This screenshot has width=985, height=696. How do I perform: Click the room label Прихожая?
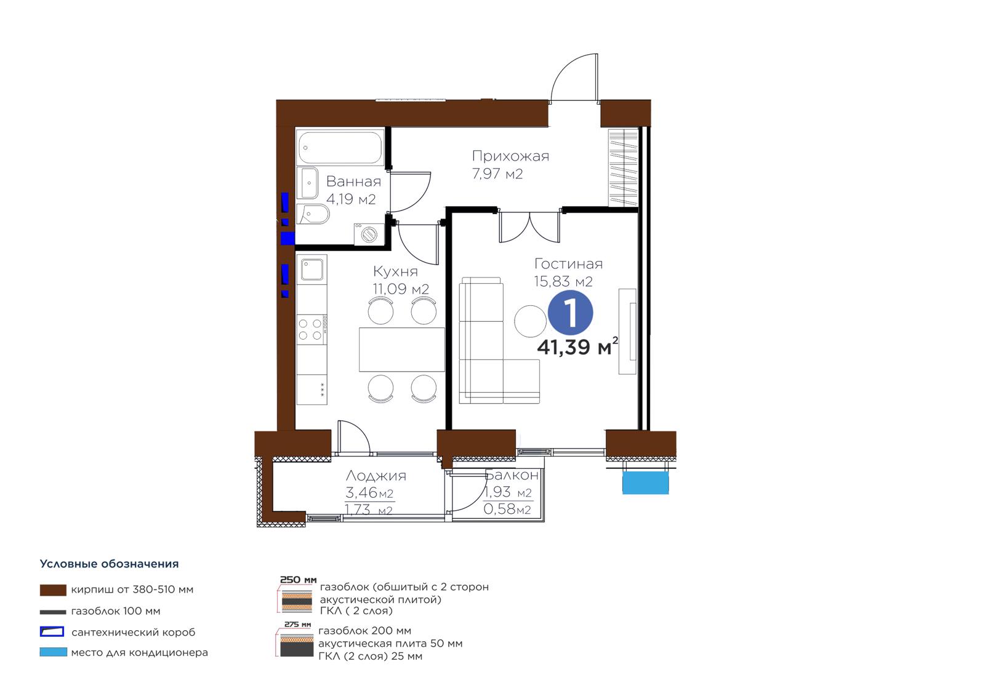coord(510,156)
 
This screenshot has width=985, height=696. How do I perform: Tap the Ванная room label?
coord(353,181)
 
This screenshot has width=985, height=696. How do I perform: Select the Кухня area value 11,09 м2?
coord(401,289)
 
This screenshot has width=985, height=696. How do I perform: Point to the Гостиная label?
coord(568,264)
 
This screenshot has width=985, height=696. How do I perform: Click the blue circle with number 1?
coord(570,313)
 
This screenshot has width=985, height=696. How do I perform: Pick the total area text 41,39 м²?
coord(577,346)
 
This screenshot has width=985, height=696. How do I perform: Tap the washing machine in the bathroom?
coord(369,233)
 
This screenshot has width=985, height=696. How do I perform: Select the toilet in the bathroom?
coord(313,214)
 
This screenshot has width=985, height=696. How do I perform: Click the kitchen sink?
coord(312,269)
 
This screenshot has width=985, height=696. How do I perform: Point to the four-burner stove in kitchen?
coord(312,330)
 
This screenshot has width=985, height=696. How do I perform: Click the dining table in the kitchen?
coord(402,350)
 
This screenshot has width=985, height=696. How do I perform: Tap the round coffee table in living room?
coord(531,321)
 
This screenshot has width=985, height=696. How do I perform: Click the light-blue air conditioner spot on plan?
coord(646,482)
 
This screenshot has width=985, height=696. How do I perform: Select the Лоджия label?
coord(376,476)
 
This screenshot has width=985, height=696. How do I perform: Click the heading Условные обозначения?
coord(109,564)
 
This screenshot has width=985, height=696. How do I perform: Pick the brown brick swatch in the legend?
coord(53,590)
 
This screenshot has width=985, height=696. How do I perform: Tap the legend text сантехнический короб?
coord(133,632)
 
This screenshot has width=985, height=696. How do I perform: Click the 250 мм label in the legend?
coord(298,580)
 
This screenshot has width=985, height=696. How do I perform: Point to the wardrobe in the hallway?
coord(623,167)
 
